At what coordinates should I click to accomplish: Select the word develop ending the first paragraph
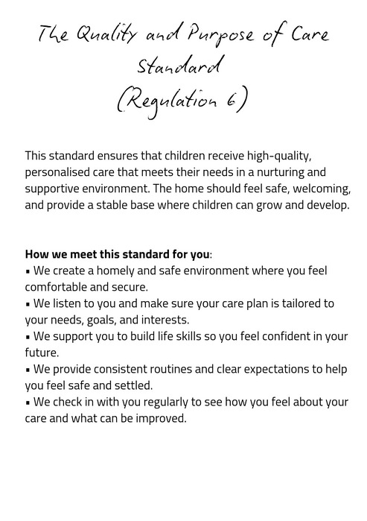[325, 205]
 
